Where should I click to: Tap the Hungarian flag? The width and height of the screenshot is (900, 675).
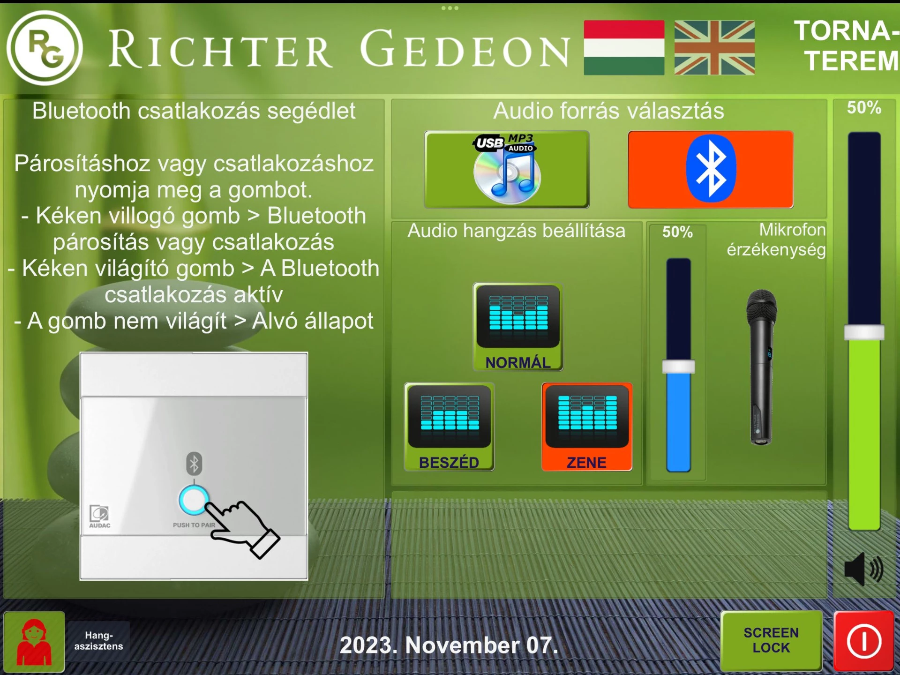pyautogui.click(x=624, y=47)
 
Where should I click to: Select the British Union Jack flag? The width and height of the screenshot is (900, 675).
pyautogui.click(x=714, y=47)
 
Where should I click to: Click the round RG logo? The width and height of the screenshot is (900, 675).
pyautogui.click(x=45, y=48)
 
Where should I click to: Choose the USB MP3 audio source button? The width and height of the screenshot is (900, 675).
pyautogui.click(x=506, y=169)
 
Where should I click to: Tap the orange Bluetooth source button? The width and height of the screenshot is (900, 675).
pyautogui.click(x=711, y=169)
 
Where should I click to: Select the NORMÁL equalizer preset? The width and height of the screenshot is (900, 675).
pyautogui.click(x=518, y=327)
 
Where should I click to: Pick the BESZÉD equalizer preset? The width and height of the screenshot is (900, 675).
pyautogui.click(x=449, y=427)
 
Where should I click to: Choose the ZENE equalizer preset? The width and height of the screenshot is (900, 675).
pyautogui.click(x=587, y=427)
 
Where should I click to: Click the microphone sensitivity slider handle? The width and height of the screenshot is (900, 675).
pyautogui.click(x=678, y=367)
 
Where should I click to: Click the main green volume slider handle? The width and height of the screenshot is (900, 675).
pyautogui.click(x=864, y=332)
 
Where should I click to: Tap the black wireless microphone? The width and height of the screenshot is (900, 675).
pyautogui.click(x=761, y=367)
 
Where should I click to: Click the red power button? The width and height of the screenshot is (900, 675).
pyautogui.click(x=864, y=641)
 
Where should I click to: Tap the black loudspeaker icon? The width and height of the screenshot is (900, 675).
pyautogui.click(x=864, y=569)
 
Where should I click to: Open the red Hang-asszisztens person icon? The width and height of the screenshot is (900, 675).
pyautogui.click(x=34, y=642)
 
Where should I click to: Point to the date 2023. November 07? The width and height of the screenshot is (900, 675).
pyautogui.click(x=449, y=645)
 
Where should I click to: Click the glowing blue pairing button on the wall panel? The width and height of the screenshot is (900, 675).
pyautogui.click(x=194, y=500)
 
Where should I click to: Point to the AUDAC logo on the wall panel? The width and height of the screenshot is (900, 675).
pyautogui.click(x=100, y=517)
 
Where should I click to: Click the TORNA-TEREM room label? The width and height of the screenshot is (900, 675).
pyautogui.click(x=847, y=46)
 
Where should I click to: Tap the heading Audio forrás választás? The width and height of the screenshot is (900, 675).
pyautogui.click(x=609, y=111)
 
